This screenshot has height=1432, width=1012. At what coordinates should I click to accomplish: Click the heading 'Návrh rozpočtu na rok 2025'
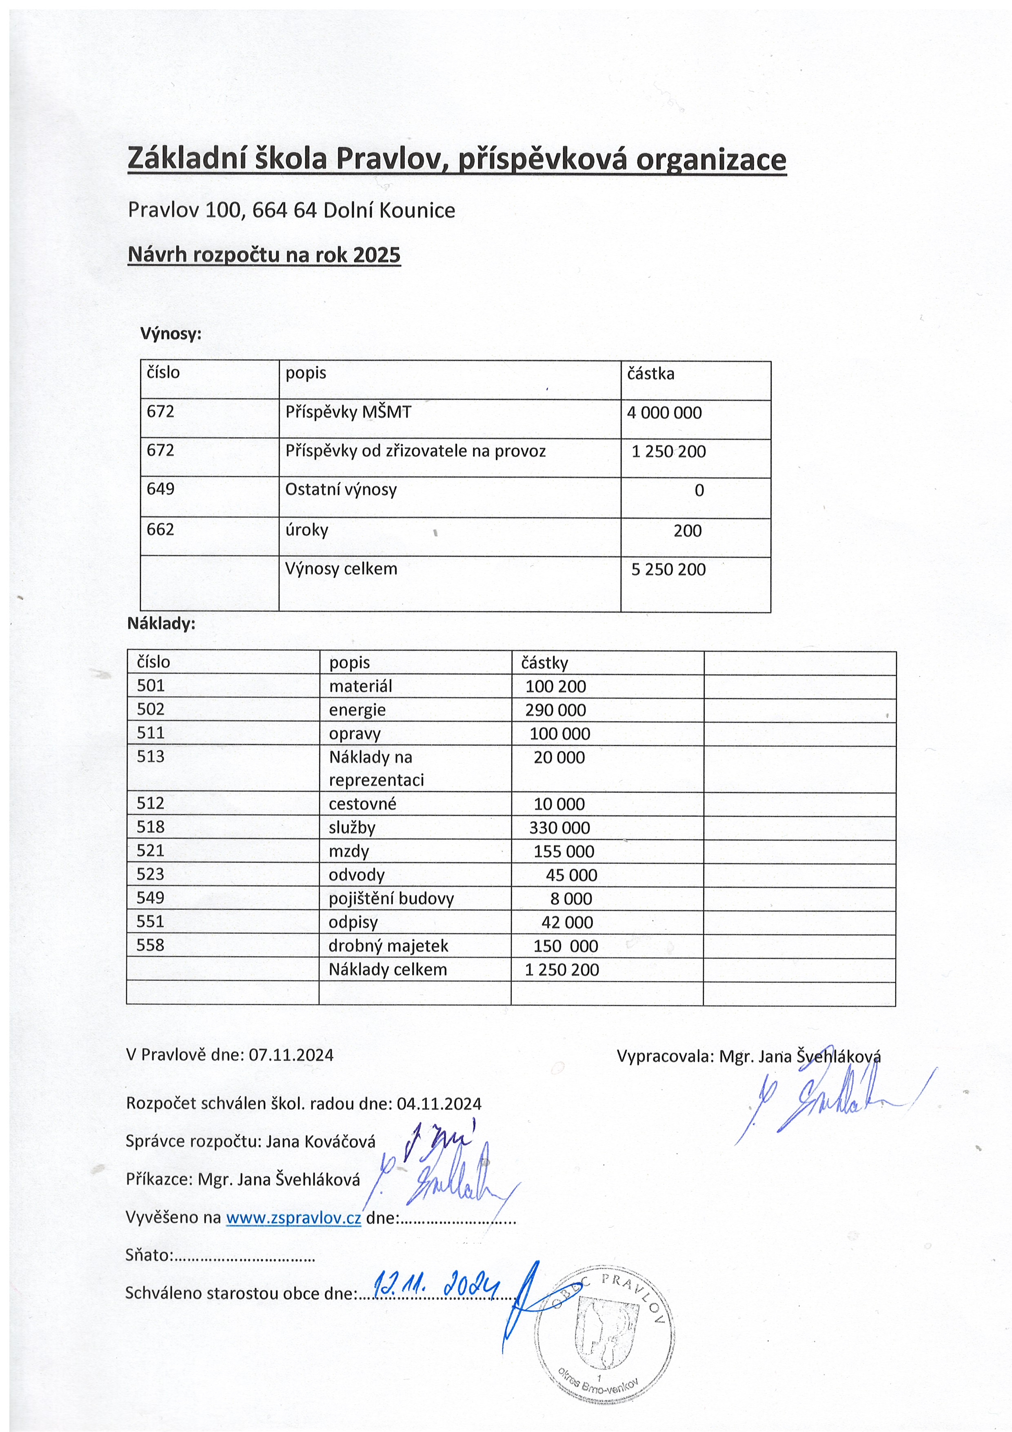pos(264,255)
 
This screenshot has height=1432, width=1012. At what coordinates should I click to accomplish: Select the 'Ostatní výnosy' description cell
pos(341,489)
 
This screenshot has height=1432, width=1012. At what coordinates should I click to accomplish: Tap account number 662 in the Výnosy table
pos(160,529)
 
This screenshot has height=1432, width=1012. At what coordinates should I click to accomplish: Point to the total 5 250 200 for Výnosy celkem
pos(668,569)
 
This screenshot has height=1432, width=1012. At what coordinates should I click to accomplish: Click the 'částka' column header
pos(650,374)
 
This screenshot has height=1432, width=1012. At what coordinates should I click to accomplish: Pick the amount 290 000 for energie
pos(555,710)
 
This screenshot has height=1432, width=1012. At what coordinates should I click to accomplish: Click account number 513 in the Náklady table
pos(151,756)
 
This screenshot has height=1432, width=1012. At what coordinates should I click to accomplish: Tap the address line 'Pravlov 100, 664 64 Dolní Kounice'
pos(291,210)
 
